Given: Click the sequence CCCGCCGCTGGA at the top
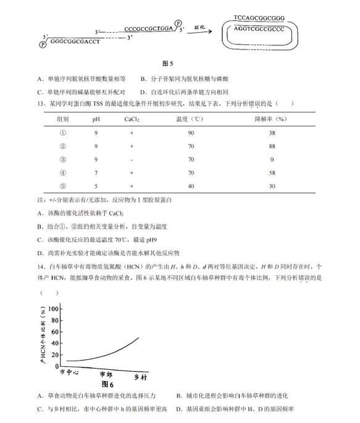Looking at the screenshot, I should pyautogui.click(x=149, y=28).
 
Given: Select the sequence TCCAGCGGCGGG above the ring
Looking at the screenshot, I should pyautogui.click(x=259, y=17).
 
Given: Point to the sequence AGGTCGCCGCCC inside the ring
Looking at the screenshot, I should pyautogui.click(x=259, y=29).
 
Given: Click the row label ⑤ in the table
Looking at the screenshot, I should pyautogui.click(x=62, y=186).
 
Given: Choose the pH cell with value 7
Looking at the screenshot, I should pyautogui.click(x=96, y=173).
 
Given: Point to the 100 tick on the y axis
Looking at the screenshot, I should pyautogui.click(x=52, y=308).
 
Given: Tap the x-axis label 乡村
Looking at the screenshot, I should pyautogui.click(x=141, y=377).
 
